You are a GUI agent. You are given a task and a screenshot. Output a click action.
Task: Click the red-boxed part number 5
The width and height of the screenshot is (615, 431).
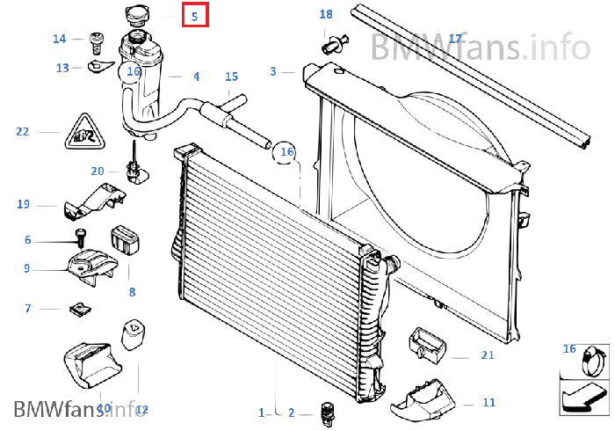tap(195, 15)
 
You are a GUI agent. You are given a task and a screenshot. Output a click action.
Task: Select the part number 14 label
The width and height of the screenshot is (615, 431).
tap(60, 39)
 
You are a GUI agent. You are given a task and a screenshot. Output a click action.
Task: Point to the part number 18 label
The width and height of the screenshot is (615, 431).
tap(326, 15)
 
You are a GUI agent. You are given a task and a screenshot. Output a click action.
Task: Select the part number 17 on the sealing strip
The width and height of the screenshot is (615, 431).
tap(455, 39)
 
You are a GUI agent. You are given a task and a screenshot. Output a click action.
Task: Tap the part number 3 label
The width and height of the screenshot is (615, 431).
tap(273, 71)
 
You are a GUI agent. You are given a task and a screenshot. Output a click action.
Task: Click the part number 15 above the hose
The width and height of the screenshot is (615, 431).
tap(232, 77)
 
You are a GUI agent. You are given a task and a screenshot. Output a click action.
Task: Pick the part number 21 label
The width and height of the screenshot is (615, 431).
tap(488, 355)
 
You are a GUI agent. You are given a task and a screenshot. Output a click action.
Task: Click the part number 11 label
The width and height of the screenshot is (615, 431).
tap(489, 403)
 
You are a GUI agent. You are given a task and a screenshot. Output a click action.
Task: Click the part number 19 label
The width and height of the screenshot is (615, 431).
tap(24, 204)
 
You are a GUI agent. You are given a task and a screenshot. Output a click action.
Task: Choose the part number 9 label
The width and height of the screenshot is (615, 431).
tap(27, 268)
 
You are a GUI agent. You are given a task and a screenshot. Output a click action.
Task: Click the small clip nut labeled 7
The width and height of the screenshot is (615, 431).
tap(79, 309)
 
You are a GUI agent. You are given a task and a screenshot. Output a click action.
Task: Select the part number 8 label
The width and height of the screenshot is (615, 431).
tap(132, 292)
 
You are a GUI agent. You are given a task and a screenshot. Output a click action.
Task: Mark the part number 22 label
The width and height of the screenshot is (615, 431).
tap(23, 132)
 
